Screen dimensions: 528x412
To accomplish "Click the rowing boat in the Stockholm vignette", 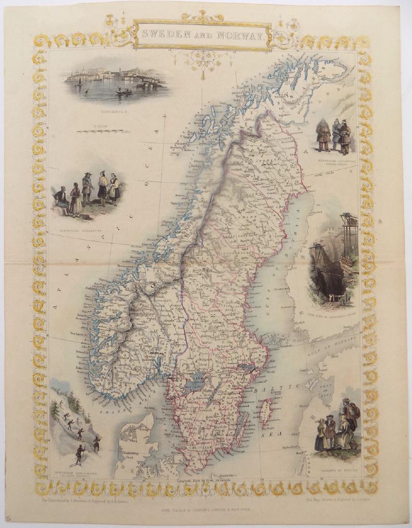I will [x=123, y=91].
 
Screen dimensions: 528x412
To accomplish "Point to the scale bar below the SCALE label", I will [x=103, y=131].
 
